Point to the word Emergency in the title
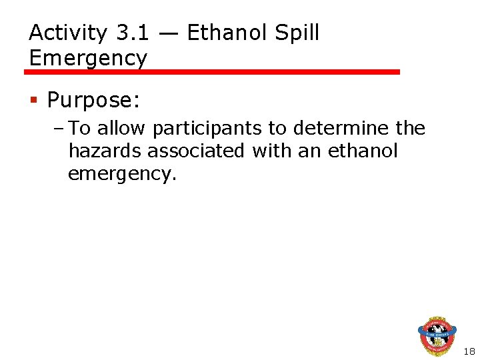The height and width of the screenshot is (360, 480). pos(88,58)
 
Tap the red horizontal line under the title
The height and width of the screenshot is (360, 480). pos(213,71)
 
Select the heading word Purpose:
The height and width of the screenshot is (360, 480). pos(93,101)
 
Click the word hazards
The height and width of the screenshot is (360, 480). pos(105,151)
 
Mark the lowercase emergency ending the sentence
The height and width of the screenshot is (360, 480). pos(123,175)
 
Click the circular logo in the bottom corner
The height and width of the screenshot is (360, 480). pos(437,337)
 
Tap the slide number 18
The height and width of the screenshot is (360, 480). pos(468,351)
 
